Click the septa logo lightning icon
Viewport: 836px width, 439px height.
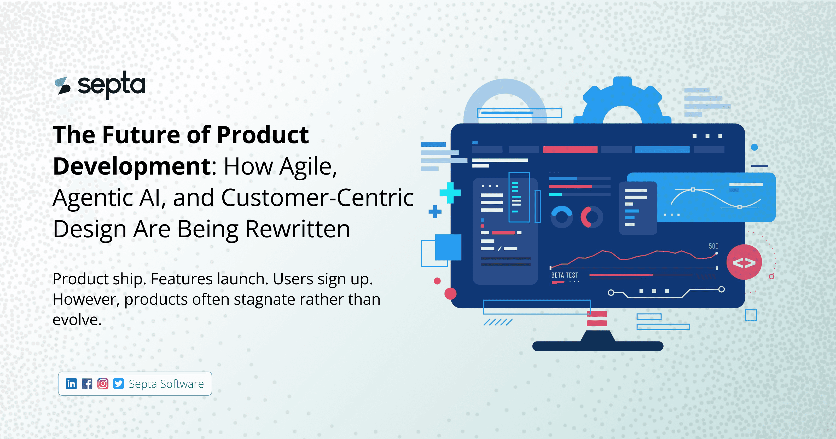click(63, 86)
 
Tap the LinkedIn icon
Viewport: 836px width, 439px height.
click(71, 384)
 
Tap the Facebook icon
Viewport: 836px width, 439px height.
click(87, 384)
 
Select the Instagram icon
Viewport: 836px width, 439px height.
click(103, 384)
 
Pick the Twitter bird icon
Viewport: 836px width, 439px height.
click(118, 384)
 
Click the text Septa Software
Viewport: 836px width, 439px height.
click(166, 384)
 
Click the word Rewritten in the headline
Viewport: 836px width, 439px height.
click(297, 229)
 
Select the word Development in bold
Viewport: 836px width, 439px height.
click(132, 166)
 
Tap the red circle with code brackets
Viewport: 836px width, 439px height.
click(744, 262)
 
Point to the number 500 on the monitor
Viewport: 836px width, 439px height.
click(713, 246)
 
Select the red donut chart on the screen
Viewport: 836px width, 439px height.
click(591, 217)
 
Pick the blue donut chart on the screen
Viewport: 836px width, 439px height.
click(562, 217)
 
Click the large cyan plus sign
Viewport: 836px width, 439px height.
click(450, 193)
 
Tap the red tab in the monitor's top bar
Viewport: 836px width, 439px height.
click(570, 150)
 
